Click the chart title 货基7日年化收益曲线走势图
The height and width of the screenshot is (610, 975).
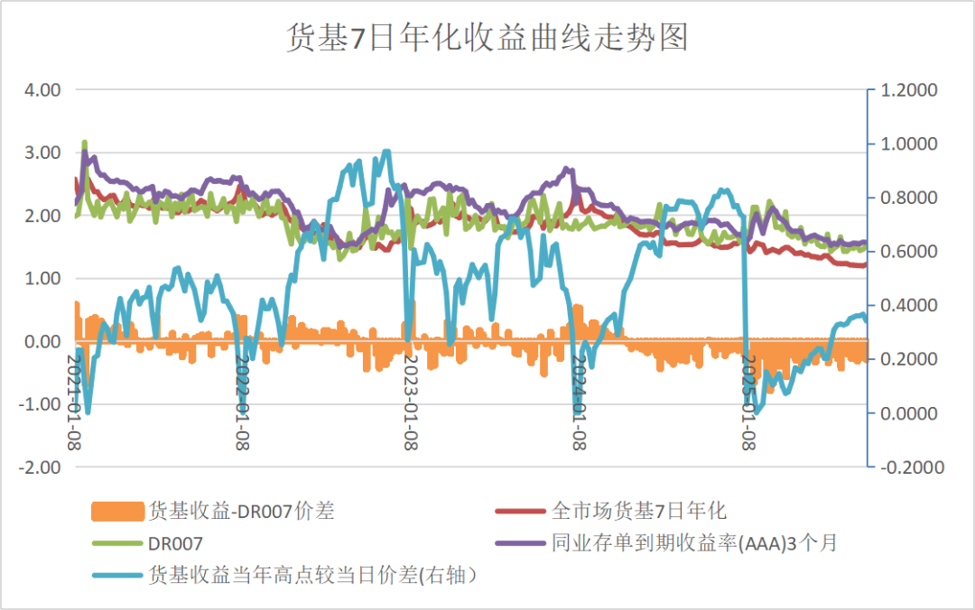click(x=487, y=39)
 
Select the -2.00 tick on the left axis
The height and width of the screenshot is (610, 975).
click(x=41, y=467)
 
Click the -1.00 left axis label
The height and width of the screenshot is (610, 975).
click(x=41, y=404)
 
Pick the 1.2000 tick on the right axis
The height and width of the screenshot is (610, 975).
click(x=910, y=90)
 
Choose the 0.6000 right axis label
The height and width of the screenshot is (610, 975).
click(x=910, y=252)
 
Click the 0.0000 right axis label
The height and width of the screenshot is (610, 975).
click(x=910, y=413)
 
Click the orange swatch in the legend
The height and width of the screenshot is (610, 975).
click(x=117, y=512)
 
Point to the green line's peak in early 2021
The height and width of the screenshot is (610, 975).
click(x=85, y=143)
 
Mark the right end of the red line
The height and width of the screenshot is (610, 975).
click(x=864, y=264)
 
